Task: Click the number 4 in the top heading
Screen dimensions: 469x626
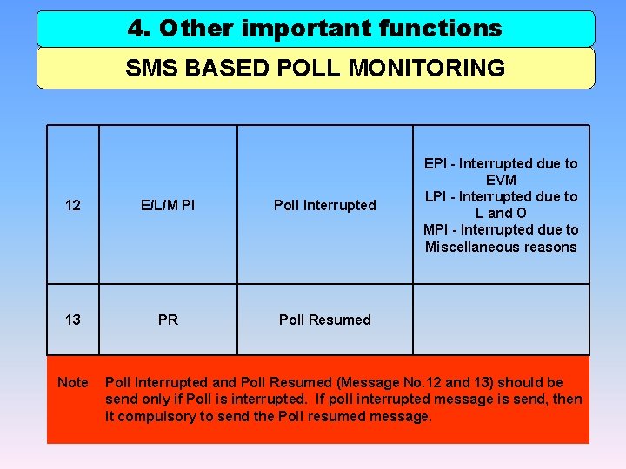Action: click(x=137, y=29)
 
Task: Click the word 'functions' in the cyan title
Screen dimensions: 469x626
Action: click(x=440, y=29)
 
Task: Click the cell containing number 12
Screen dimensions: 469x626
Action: click(x=73, y=205)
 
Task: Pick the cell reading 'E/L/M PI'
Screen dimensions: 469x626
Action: click(x=169, y=205)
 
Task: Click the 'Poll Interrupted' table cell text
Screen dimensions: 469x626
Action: click(x=325, y=205)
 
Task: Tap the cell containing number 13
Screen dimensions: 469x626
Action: click(x=73, y=320)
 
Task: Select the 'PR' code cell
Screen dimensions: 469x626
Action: click(x=169, y=320)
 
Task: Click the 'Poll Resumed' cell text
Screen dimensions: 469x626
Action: click(x=325, y=320)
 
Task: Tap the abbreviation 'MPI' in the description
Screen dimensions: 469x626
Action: click(x=436, y=229)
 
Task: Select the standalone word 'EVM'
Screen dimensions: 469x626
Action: click(x=501, y=180)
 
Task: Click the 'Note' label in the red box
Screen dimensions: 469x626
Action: click(x=73, y=382)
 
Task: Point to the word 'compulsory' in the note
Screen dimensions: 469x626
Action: click(x=157, y=416)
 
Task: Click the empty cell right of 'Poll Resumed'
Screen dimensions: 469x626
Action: click(x=501, y=320)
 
